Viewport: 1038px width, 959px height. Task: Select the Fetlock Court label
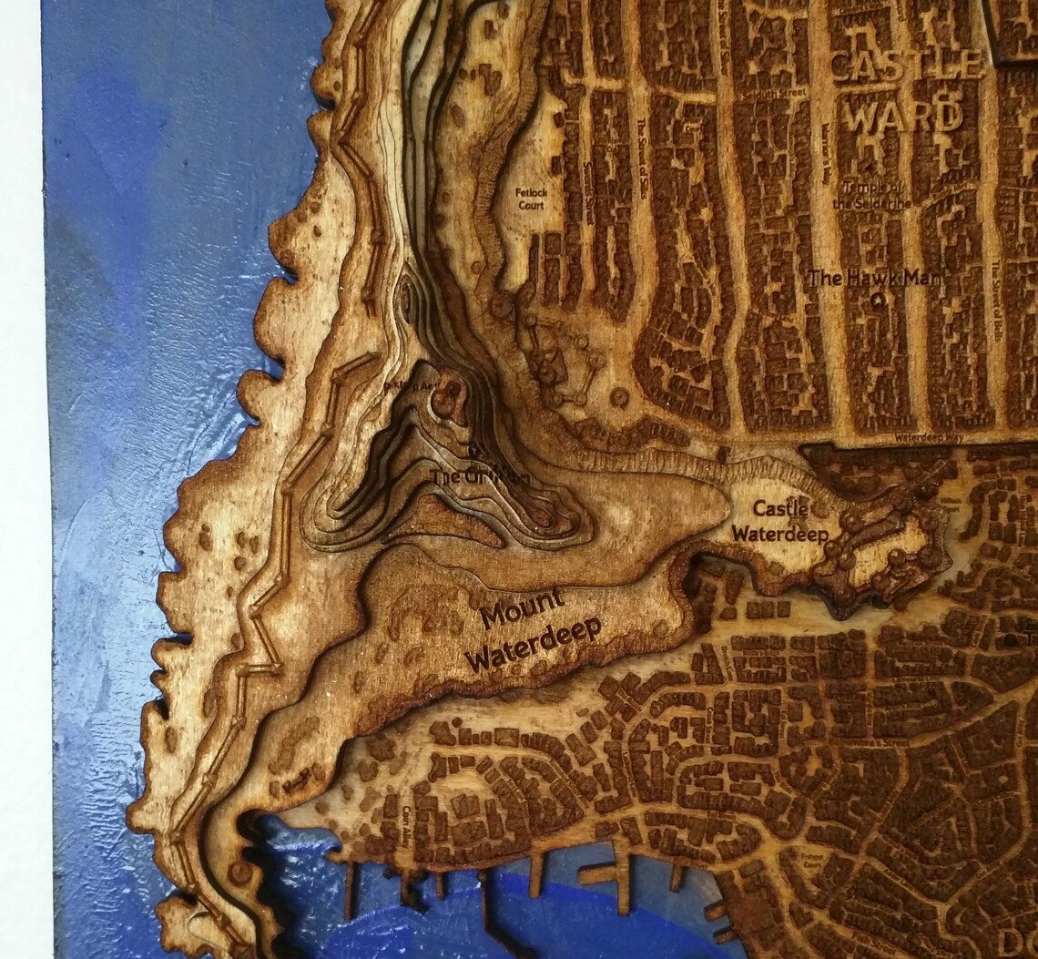tap(532, 199)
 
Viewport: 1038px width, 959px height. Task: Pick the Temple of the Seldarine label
tap(876, 195)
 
